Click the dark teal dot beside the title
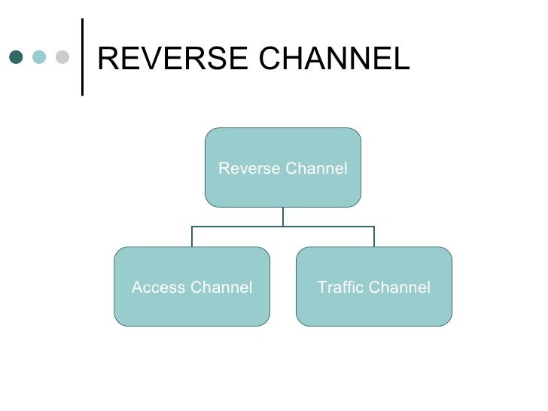(15, 58)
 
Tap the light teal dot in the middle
(38, 58)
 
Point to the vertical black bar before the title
(81, 57)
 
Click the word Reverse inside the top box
(247, 169)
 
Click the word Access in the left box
(157, 288)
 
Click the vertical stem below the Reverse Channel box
(283, 216)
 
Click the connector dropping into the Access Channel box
(192, 236)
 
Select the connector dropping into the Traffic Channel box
(374, 236)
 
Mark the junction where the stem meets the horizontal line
(283, 226)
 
